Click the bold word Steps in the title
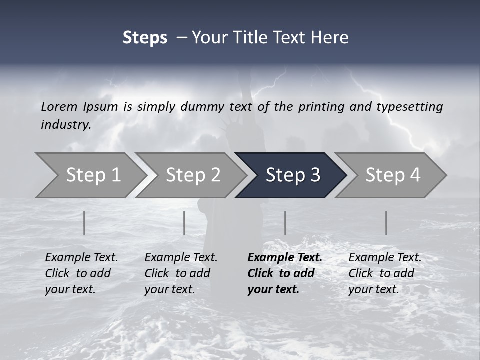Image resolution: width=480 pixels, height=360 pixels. click(145, 38)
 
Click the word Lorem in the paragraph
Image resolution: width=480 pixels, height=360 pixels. click(59, 106)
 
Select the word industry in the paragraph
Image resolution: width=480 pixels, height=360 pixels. click(66, 125)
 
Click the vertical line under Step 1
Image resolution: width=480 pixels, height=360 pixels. click(84, 223)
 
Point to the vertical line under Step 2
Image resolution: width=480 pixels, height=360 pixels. click(184, 223)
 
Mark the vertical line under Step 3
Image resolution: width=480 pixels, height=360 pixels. click(285, 223)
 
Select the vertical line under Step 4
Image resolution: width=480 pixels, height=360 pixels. click(386, 223)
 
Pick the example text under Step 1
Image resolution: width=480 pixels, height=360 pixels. click(81, 273)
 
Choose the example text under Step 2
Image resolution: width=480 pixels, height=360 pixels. click(181, 273)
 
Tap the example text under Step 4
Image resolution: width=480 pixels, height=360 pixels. click(385, 273)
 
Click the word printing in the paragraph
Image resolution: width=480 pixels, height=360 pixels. click(321, 106)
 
